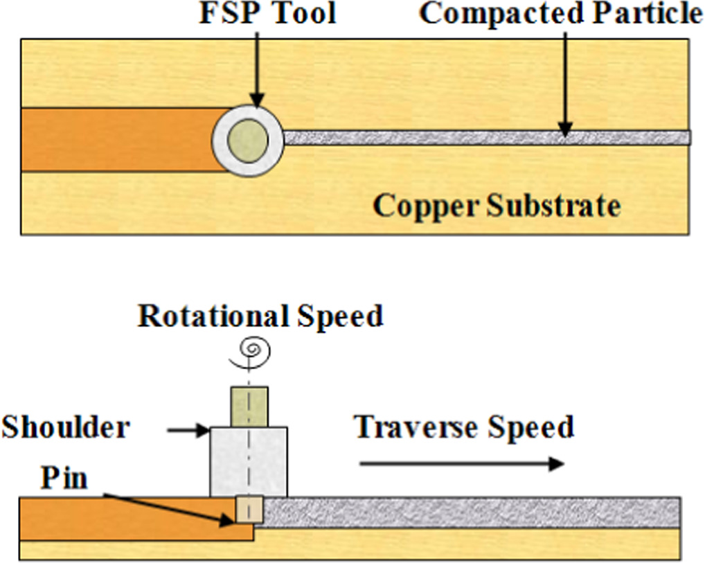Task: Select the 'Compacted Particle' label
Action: tap(561, 14)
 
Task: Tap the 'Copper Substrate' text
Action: tap(497, 205)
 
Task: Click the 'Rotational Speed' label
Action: tap(260, 316)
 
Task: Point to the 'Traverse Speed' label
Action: tap(464, 427)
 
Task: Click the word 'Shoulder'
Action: tap(65, 427)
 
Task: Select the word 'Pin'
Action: tap(64, 478)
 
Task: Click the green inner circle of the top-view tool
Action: tap(248, 140)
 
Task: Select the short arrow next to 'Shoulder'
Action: tap(188, 431)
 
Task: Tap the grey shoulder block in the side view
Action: tap(248, 461)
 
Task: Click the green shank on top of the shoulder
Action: tap(249, 406)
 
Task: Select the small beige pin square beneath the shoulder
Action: tap(247, 510)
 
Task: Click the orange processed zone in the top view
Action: tap(118, 140)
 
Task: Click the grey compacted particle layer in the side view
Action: tap(471, 512)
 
